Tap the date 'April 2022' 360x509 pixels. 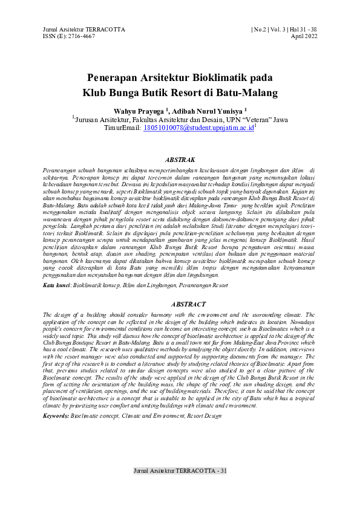304,36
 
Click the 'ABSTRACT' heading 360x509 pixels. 180,305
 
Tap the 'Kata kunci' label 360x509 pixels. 57,283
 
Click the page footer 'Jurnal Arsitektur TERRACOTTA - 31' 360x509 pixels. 180,470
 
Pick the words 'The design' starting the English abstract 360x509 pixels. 57,316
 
